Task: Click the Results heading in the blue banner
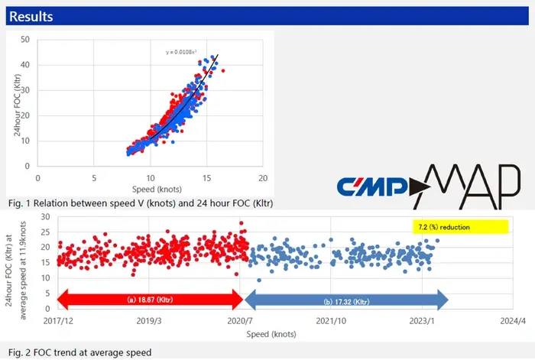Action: [x=31, y=16]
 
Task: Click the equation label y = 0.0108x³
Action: [x=181, y=52]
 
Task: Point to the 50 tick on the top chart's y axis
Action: [x=25, y=40]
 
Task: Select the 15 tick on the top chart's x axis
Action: [x=206, y=178]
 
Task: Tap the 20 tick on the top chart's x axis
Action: [x=263, y=178]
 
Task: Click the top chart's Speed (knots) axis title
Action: [x=157, y=189]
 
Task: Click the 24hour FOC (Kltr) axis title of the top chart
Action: [x=17, y=105]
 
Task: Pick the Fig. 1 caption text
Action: [x=141, y=203]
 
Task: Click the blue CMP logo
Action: [x=373, y=186]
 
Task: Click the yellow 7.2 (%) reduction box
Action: [x=460, y=227]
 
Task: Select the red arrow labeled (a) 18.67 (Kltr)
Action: [x=150, y=300]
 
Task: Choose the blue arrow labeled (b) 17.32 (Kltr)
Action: [x=346, y=300]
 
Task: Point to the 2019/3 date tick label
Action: [x=149, y=321]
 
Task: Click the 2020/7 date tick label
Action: [x=240, y=321]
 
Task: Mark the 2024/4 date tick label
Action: [x=513, y=321]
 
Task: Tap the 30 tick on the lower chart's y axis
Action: [x=45, y=216]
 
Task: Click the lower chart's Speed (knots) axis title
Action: [x=271, y=334]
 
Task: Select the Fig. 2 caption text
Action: [x=79, y=352]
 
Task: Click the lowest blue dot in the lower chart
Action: [x=259, y=281]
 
